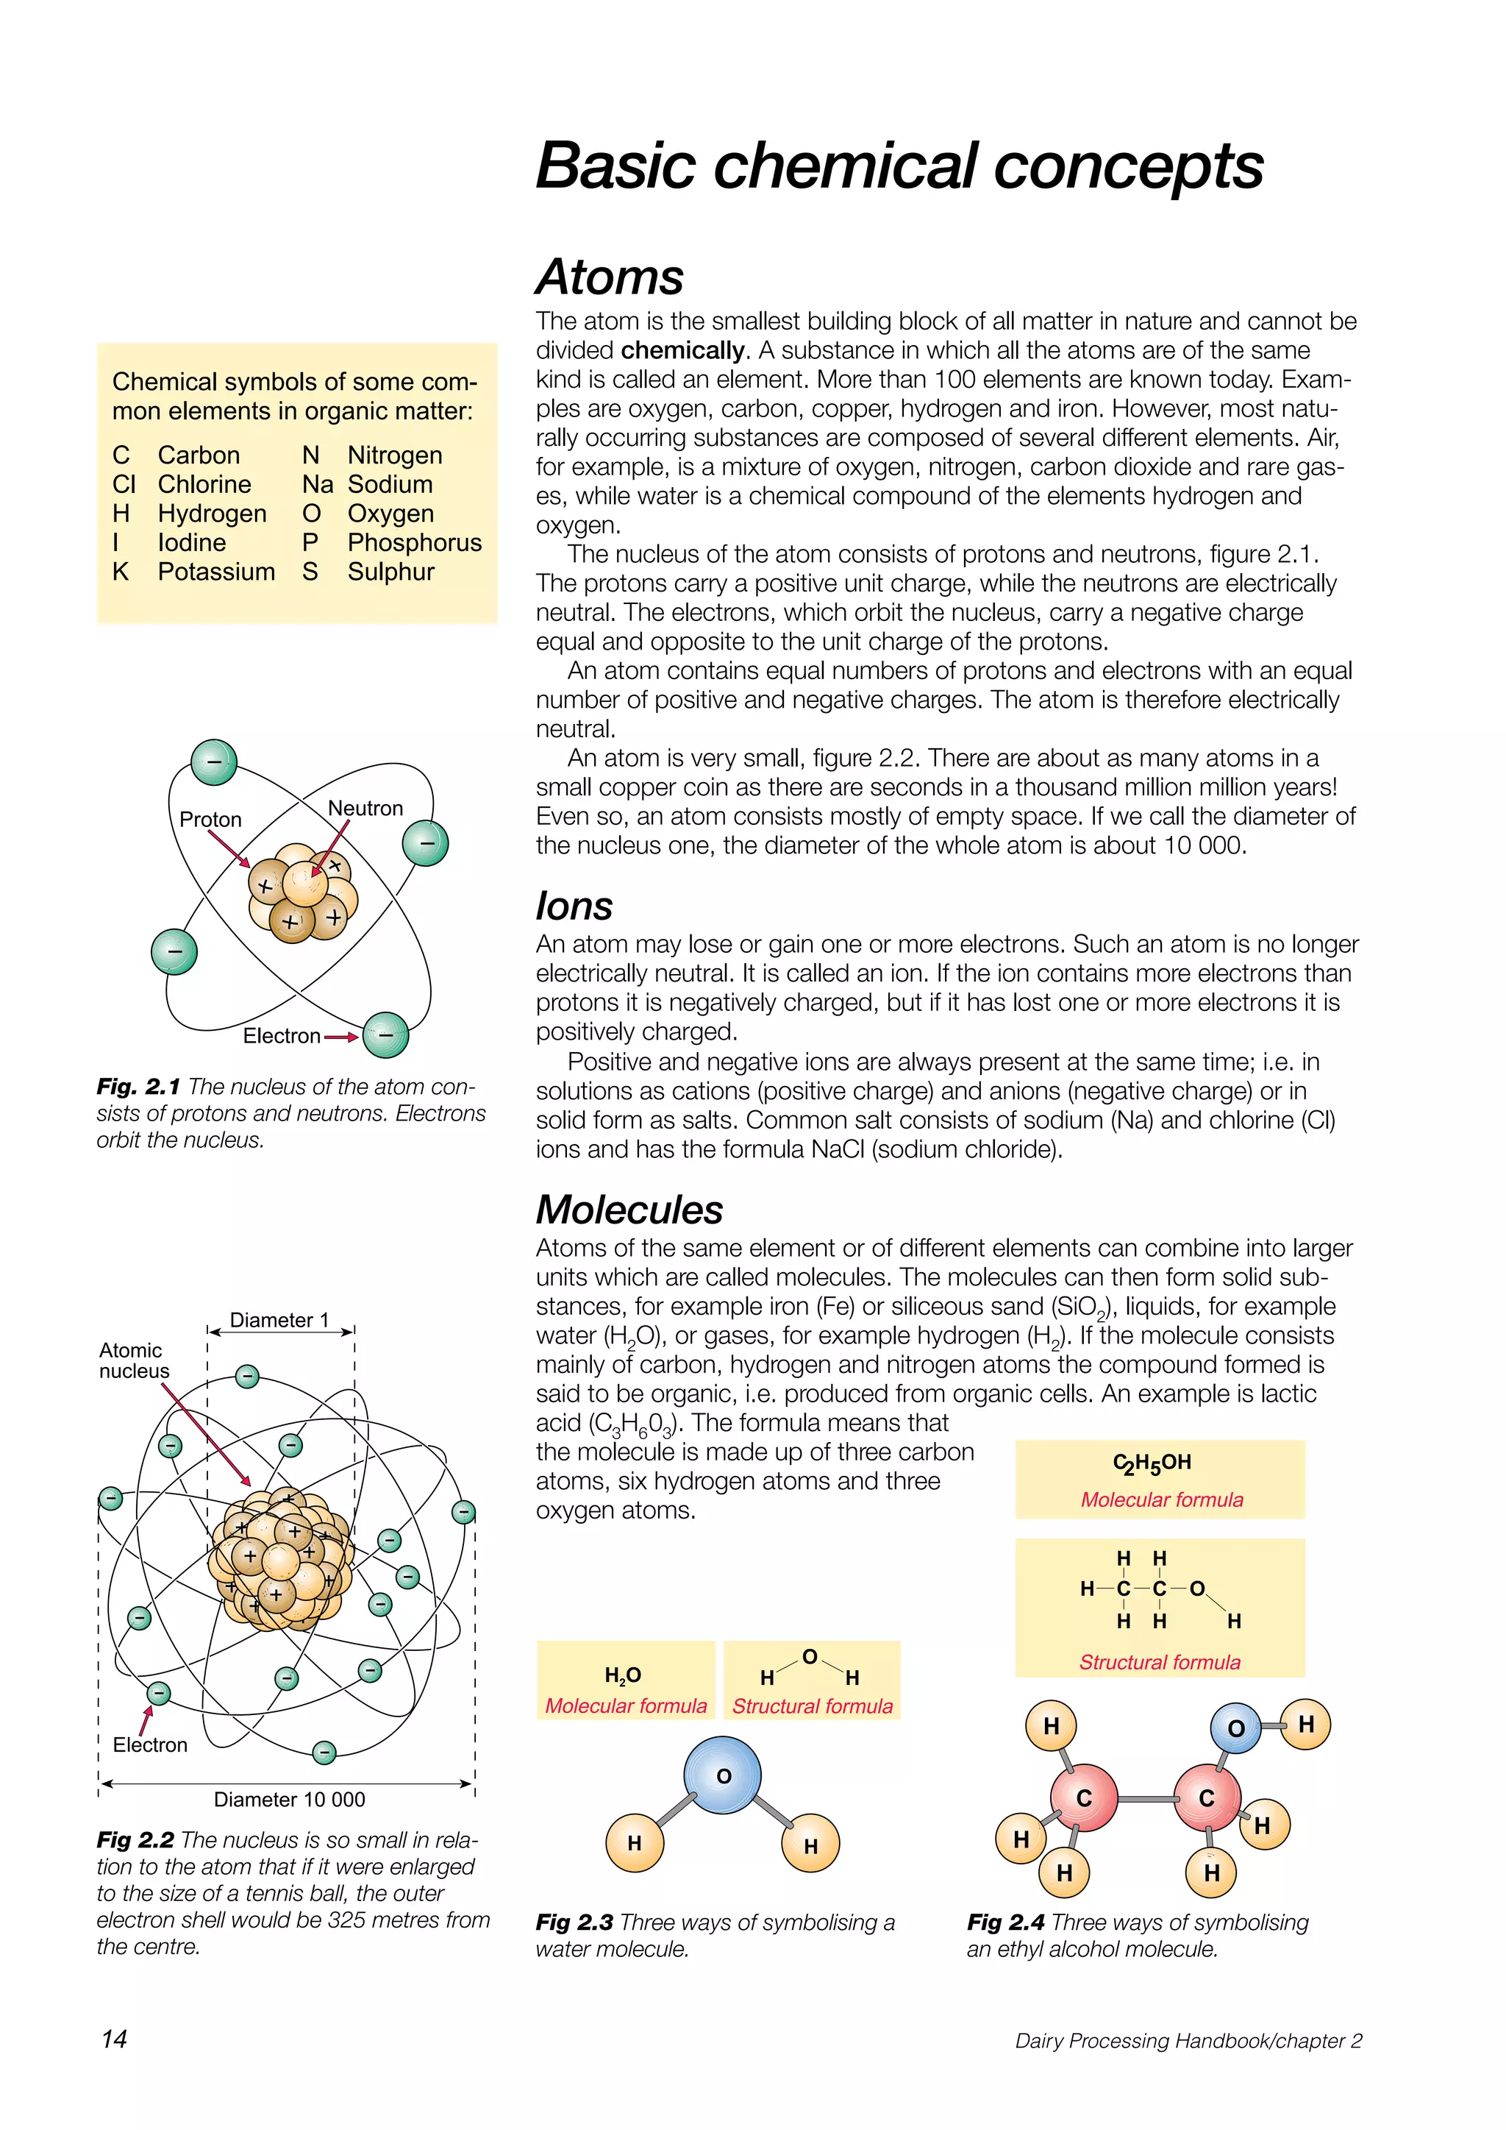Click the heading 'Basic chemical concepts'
point(899,166)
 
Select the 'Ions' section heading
point(574,906)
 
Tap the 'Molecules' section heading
point(629,1210)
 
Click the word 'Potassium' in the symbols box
point(216,572)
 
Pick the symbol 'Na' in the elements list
point(317,485)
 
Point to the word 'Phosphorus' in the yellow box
point(415,543)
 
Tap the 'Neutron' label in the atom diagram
point(365,808)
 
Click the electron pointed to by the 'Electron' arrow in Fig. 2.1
point(386,1035)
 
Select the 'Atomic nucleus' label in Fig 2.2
point(134,1361)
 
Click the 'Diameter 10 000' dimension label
point(289,1800)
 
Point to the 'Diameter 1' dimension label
point(279,1320)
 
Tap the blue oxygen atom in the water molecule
point(722,1775)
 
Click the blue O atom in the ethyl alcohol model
point(1235,1728)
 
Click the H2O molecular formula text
point(622,1675)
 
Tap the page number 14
point(114,2039)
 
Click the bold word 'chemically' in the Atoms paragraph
point(682,351)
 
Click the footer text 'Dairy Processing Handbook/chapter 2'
point(1188,2041)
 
